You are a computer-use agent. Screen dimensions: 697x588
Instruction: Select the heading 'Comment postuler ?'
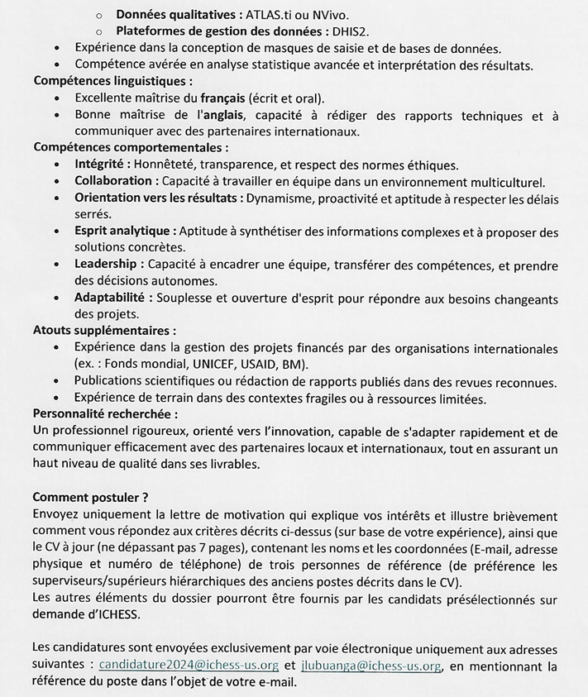(90, 498)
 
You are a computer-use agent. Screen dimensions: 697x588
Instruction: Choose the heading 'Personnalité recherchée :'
(105, 414)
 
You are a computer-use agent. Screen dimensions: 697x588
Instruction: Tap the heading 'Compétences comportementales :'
(131, 147)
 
